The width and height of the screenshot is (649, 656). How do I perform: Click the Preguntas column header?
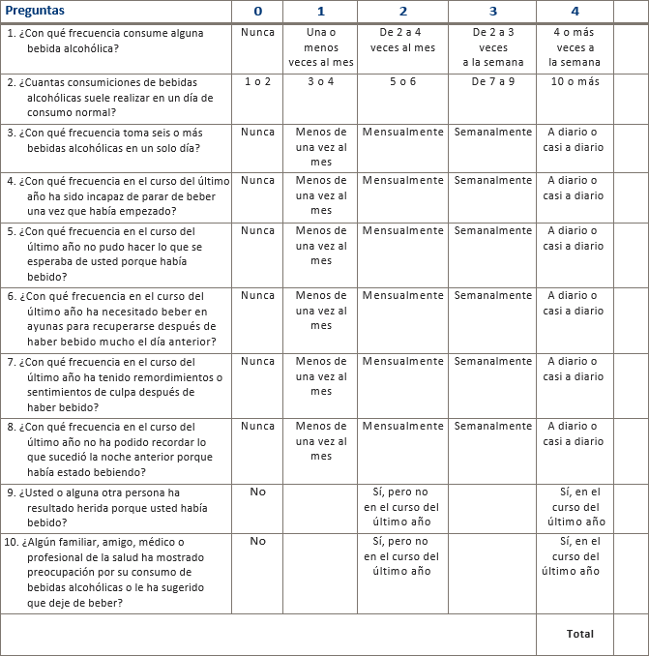pyautogui.click(x=36, y=11)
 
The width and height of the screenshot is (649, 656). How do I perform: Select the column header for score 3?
pyautogui.click(x=492, y=11)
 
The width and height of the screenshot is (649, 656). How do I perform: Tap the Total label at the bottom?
pyautogui.click(x=580, y=634)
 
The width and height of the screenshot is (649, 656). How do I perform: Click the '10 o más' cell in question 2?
pyautogui.click(x=575, y=82)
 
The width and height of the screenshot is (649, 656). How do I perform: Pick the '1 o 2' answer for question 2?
pyautogui.click(x=257, y=82)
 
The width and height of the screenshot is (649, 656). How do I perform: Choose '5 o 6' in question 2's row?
pyautogui.click(x=402, y=82)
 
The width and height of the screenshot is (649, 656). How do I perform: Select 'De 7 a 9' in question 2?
pyautogui.click(x=492, y=82)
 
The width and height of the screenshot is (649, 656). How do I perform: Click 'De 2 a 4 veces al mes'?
pyautogui.click(x=402, y=40)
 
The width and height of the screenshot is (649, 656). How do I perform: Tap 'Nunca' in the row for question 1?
pyautogui.click(x=257, y=32)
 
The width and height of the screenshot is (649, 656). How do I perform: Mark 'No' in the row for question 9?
pyautogui.click(x=257, y=492)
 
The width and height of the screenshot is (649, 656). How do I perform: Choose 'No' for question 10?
pyautogui.click(x=257, y=541)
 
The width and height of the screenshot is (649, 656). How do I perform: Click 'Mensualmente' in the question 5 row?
pyautogui.click(x=402, y=231)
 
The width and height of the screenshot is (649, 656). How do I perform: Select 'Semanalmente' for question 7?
pyautogui.click(x=492, y=362)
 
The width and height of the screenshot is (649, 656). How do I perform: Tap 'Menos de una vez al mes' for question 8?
pyautogui.click(x=321, y=440)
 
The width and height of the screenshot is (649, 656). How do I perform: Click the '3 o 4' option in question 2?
pyautogui.click(x=321, y=82)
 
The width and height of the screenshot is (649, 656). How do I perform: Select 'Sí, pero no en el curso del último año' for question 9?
pyautogui.click(x=402, y=506)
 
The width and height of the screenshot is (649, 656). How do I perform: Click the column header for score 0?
pyautogui.click(x=257, y=11)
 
